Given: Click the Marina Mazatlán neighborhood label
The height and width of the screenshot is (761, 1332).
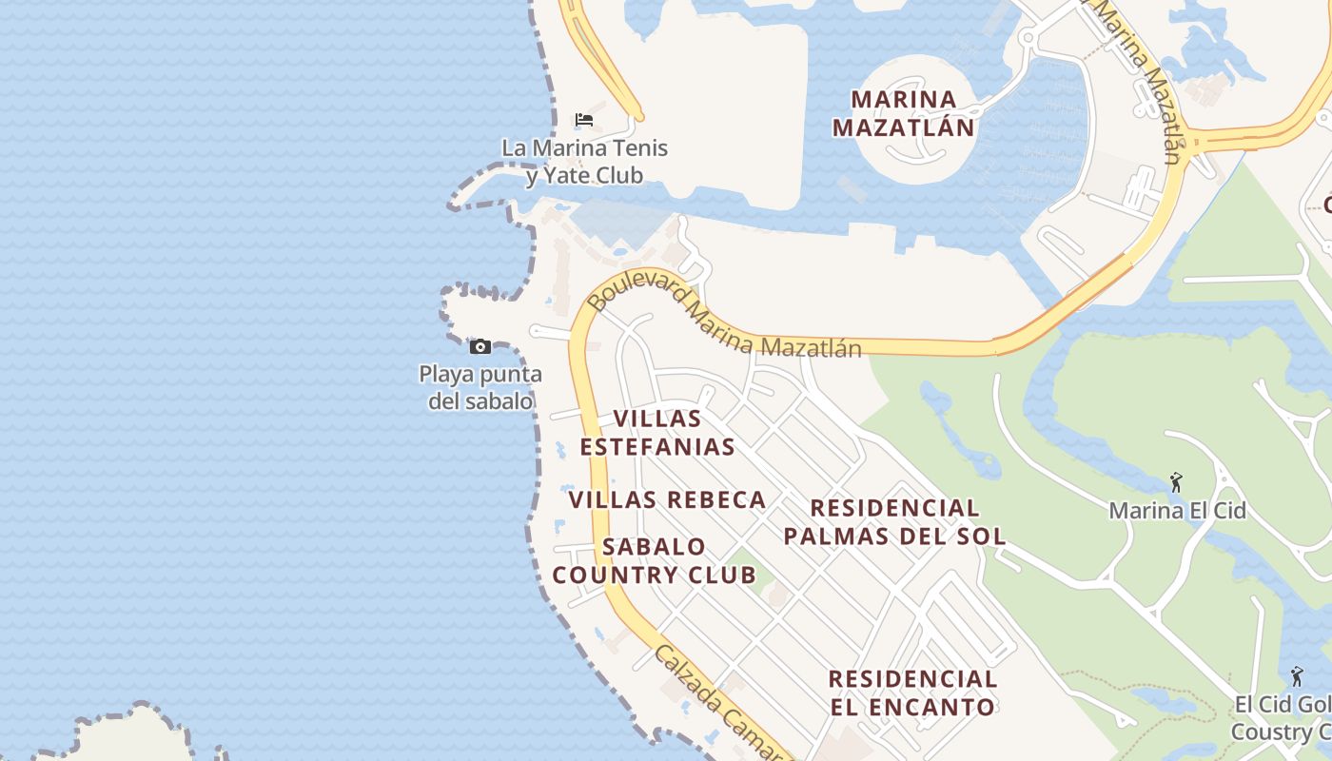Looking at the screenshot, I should click(903, 112).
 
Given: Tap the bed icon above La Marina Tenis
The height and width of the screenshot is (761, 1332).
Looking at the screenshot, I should click(584, 120).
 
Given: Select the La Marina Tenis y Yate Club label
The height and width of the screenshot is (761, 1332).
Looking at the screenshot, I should click(584, 162).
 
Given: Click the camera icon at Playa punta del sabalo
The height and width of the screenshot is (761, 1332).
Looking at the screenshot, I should click(480, 346).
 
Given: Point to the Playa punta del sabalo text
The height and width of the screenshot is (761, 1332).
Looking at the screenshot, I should click(480, 387).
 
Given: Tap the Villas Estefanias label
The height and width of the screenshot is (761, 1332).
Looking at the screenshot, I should click(657, 433).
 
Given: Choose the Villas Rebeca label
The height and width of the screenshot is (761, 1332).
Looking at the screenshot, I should click(667, 499).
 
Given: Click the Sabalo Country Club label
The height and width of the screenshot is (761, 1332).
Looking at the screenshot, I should click(655, 561).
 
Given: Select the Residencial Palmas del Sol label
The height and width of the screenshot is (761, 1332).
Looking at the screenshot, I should click(894, 522).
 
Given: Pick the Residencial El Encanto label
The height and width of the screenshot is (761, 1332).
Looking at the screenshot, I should click(912, 693).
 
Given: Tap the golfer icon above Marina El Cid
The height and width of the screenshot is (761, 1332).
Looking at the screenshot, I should click(1177, 482).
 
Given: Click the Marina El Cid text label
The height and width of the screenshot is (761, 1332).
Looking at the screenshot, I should click(1177, 511).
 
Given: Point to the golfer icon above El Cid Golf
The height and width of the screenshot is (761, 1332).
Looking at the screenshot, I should click(1296, 676).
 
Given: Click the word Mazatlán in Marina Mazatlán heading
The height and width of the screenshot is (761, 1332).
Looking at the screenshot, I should click(903, 127).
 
